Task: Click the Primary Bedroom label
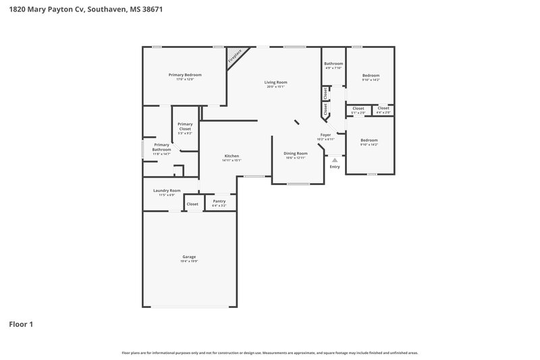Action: [x=185, y=75]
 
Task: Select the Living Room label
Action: [x=275, y=82]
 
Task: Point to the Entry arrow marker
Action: [x=335, y=160]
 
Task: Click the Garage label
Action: [x=189, y=257]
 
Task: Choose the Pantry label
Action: [x=219, y=201]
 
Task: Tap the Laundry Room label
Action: [x=166, y=190]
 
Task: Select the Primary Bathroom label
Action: [x=161, y=147]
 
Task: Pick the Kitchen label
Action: [x=232, y=156]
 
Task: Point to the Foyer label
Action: [x=325, y=135]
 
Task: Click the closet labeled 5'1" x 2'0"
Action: [x=358, y=109]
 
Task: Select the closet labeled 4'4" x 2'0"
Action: [x=383, y=109]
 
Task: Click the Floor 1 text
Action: [x=21, y=324]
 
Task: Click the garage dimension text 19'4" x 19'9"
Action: [x=189, y=261]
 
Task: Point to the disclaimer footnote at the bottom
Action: [x=269, y=353]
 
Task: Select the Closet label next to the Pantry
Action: [x=192, y=204]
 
